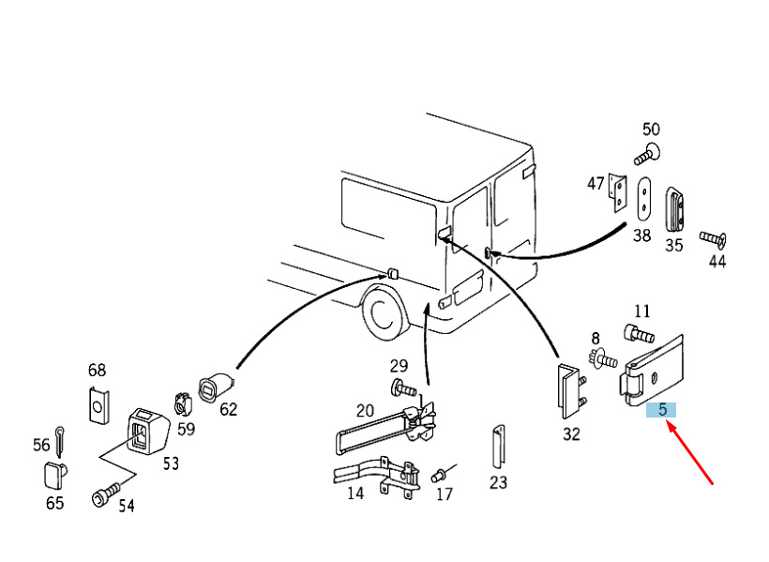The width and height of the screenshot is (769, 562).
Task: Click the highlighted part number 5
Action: tap(661, 409)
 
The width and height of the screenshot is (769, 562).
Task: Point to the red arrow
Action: tap(689, 454)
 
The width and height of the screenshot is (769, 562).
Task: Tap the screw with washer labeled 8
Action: tap(603, 359)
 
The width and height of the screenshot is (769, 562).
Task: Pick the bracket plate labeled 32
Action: tap(571, 391)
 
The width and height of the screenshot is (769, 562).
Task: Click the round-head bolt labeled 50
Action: tap(647, 154)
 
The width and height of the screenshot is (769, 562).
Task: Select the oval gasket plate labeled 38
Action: tap(644, 198)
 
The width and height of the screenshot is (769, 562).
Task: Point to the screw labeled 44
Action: tap(713, 239)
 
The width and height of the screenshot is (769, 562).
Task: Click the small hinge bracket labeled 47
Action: tap(617, 192)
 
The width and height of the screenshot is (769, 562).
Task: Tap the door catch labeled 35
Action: tap(674, 209)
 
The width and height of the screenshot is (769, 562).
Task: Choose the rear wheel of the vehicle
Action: tap(384, 314)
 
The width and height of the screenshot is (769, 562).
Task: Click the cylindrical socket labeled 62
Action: tap(217, 387)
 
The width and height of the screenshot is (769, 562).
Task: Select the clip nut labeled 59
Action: tap(184, 404)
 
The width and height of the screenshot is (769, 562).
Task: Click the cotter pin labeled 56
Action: tap(59, 441)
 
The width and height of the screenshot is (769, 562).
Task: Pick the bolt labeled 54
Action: tap(106, 494)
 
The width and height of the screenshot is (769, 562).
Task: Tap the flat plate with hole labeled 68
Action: tap(98, 405)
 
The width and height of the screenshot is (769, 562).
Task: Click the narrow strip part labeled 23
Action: tap(499, 448)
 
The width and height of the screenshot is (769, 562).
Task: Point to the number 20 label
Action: tap(365, 410)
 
